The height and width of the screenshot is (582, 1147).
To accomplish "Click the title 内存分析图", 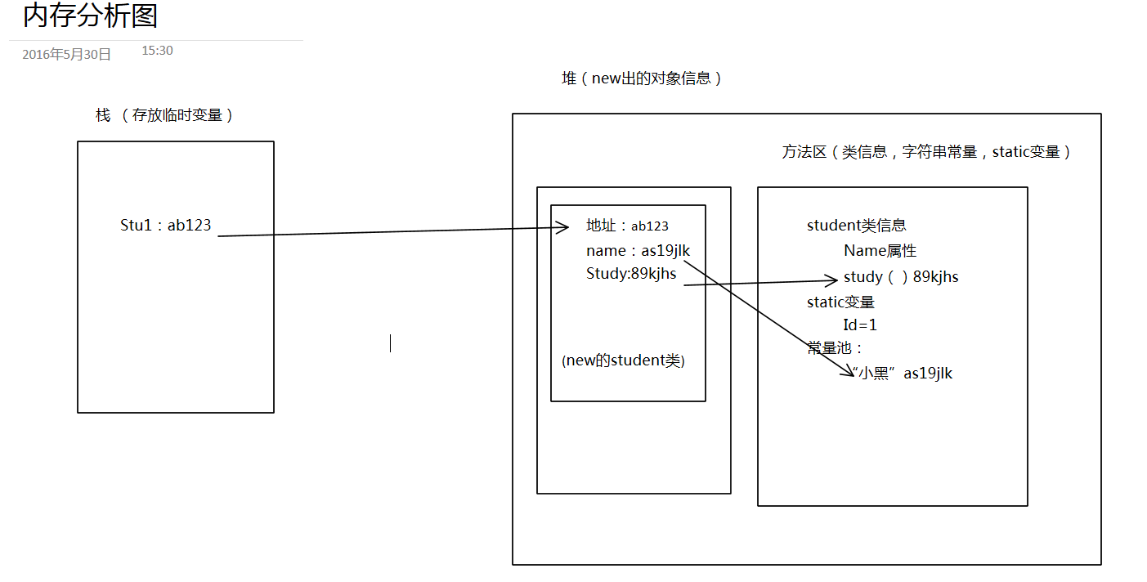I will pos(90,16).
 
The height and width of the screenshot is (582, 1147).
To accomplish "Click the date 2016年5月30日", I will pos(66,55).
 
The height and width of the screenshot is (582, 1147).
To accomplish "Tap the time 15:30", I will pos(157,51).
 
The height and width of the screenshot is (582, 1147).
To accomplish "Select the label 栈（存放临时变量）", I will pos(164,115).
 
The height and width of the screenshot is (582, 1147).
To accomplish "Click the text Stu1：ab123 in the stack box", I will pos(166,226).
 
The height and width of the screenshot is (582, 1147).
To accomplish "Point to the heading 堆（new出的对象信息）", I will pos(642,78).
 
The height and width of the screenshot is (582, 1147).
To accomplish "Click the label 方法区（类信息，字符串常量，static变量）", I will pos(926,152).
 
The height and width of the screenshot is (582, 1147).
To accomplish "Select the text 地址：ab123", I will pos(627,226).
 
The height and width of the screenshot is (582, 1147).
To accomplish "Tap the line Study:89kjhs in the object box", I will pos(631,274).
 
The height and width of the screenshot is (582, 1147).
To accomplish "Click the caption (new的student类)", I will pos(623,360).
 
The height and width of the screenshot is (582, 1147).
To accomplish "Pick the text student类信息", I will pos(856,226).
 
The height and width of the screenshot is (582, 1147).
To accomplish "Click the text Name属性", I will pos(880,251).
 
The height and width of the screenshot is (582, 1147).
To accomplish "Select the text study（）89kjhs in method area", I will pos(901,277).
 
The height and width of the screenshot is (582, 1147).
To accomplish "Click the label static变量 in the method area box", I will pos(840,302).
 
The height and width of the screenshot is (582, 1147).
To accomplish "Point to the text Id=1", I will pos(860,325).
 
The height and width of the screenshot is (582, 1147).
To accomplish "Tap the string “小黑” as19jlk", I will pos(903,374).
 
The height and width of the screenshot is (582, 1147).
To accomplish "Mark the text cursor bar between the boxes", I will pos(390,343).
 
